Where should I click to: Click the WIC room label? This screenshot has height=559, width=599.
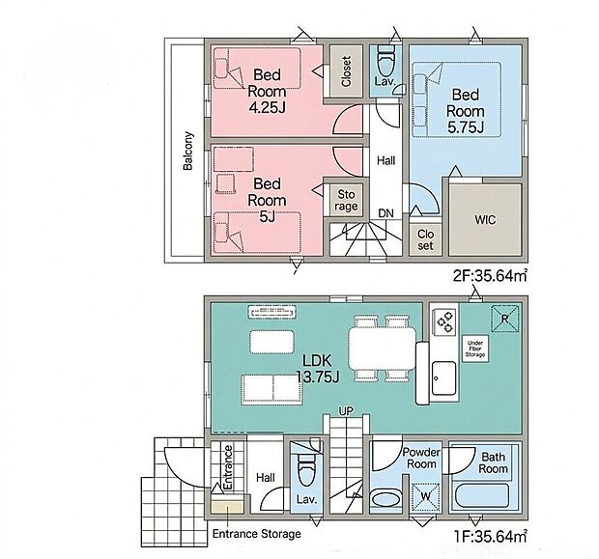(485, 220)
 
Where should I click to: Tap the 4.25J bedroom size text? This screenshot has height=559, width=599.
(267, 108)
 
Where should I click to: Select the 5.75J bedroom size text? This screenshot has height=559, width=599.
(466, 127)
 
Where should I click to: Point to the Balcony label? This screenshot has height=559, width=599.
(188, 151)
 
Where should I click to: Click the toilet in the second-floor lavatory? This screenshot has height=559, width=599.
(385, 61)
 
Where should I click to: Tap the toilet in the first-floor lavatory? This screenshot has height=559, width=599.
(306, 469)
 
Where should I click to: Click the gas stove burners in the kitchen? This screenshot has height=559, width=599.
(444, 321)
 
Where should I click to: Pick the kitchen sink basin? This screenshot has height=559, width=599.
(443, 378)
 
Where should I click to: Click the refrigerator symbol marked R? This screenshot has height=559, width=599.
(504, 319)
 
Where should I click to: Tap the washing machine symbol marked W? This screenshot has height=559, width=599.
(425, 496)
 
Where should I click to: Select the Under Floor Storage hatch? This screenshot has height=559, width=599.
(474, 349)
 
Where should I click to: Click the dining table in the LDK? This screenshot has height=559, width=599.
(382, 349)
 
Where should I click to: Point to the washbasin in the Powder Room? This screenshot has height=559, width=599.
(385, 499)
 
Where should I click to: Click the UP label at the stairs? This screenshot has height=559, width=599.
(346, 411)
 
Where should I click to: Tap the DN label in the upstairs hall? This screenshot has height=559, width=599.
(385, 213)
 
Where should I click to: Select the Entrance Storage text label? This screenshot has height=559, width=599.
(257, 534)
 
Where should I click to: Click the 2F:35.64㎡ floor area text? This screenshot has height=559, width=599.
(491, 275)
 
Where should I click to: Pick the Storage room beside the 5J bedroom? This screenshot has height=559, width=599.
(346, 201)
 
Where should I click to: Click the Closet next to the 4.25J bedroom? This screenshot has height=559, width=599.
(346, 71)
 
